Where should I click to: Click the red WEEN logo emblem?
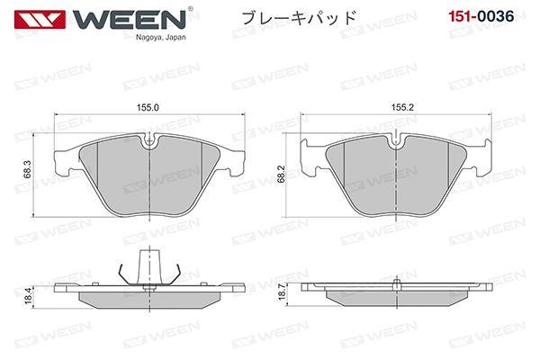coord(40,19)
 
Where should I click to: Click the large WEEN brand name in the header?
coord(129,19)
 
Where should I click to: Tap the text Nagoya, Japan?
coord(160,37)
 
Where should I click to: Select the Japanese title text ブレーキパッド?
coord(299,18)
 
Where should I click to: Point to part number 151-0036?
coord(481,16)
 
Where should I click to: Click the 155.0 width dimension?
coord(148,107)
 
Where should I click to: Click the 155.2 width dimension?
coord(402,107)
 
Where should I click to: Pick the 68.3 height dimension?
coord(28,169)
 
